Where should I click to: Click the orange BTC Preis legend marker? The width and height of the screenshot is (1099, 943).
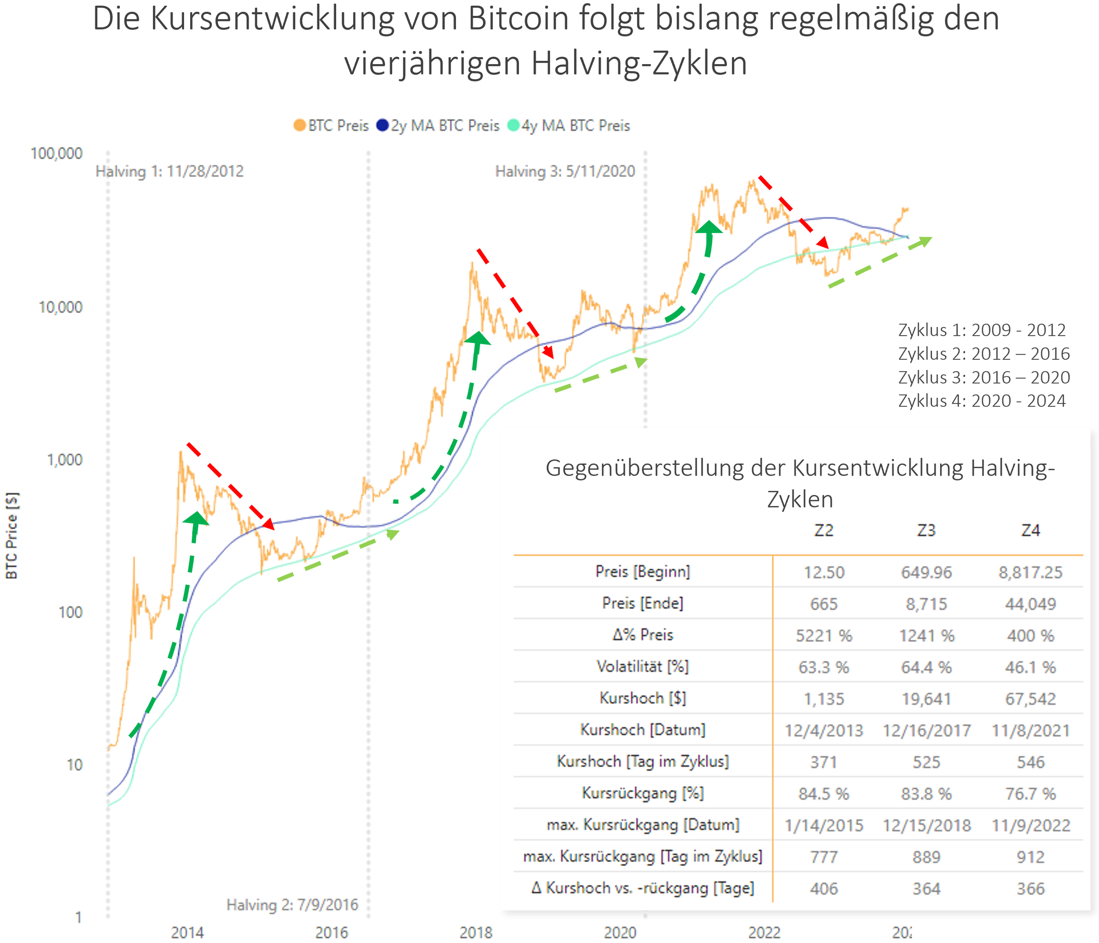[x=300, y=126]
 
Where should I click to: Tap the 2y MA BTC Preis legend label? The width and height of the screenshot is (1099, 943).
[x=445, y=126]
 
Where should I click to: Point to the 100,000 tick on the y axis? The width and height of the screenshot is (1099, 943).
[x=57, y=154]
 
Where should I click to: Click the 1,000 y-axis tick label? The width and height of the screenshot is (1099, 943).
[x=65, y=460]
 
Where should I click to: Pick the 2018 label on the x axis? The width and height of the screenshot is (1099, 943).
[x=476, y=932]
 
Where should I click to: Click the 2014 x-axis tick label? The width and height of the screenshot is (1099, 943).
[x=187, y=932]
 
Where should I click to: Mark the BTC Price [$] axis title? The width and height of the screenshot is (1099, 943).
[x=12, y=536]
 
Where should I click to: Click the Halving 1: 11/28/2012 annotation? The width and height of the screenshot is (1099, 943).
[x=170, y=171]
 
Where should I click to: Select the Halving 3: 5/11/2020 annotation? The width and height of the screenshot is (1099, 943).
[x=565, y=171]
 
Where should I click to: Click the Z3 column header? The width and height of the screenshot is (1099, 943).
[x=926, y=530]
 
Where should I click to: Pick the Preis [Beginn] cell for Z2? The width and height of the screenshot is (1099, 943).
[x=824, y=572]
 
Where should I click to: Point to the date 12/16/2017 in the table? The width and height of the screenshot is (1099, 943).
[x=926, y=731]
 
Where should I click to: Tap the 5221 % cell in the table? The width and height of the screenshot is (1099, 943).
[x=824, y=635]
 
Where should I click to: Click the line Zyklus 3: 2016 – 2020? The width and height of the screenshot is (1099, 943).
[x=984, y=377]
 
